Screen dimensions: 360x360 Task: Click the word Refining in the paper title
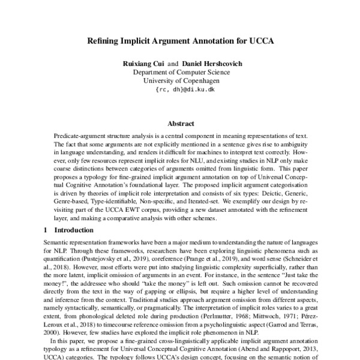(x=103, y=43)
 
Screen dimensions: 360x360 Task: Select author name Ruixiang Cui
(x=142, y=63)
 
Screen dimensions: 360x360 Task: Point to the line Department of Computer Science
(x=181, y=71)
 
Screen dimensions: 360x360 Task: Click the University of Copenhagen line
(x=181, y=80)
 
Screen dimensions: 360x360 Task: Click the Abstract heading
(x=180, y=123)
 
